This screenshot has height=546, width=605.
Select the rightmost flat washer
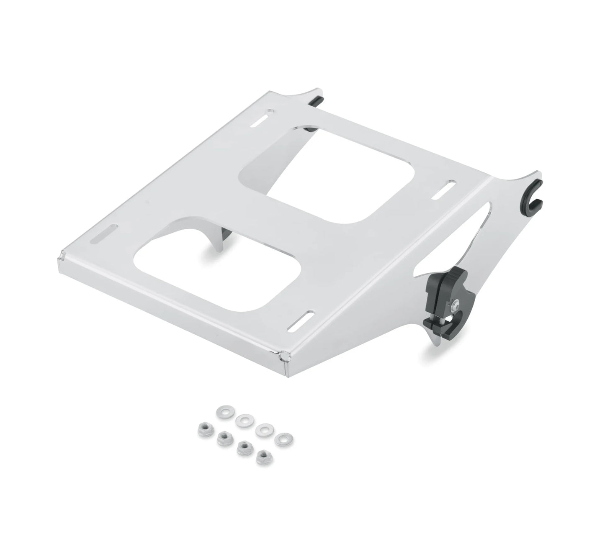coord(284,438)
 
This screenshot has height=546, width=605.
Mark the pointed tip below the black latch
coord(431,343)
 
